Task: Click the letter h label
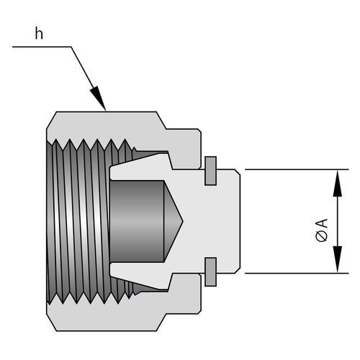click(39, 34)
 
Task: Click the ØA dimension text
click(322, 230)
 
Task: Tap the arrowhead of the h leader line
click(98, 99)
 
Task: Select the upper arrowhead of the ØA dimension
click(338, 183)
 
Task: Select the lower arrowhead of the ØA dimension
click(338, 259)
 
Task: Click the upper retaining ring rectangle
click(210, 171)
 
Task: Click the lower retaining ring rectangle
click(210, 272)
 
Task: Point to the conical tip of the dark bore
click(183, 221)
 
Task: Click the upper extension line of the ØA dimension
click(297, 170)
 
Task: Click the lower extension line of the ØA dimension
click(297, 273)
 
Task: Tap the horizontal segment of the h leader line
click(42, 47)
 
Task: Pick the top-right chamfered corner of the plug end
click(238, 172)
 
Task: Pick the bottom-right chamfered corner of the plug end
click(238, 270)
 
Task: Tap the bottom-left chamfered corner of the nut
click(51, 323)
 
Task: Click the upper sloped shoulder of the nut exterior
click(161, 120)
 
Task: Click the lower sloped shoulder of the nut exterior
click(161, 323)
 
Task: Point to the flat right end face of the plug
click(240, 221)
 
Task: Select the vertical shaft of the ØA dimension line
click(338, 221)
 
